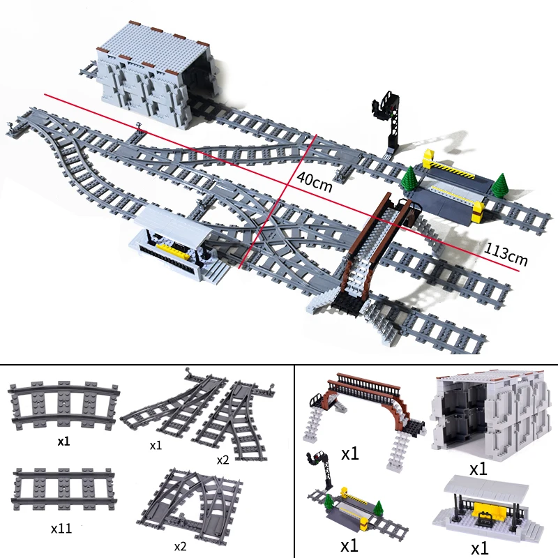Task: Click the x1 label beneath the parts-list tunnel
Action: point(478,469)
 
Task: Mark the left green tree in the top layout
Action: point(411,180)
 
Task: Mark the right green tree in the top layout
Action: point(499,185)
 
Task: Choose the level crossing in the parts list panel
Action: point(349,508)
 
